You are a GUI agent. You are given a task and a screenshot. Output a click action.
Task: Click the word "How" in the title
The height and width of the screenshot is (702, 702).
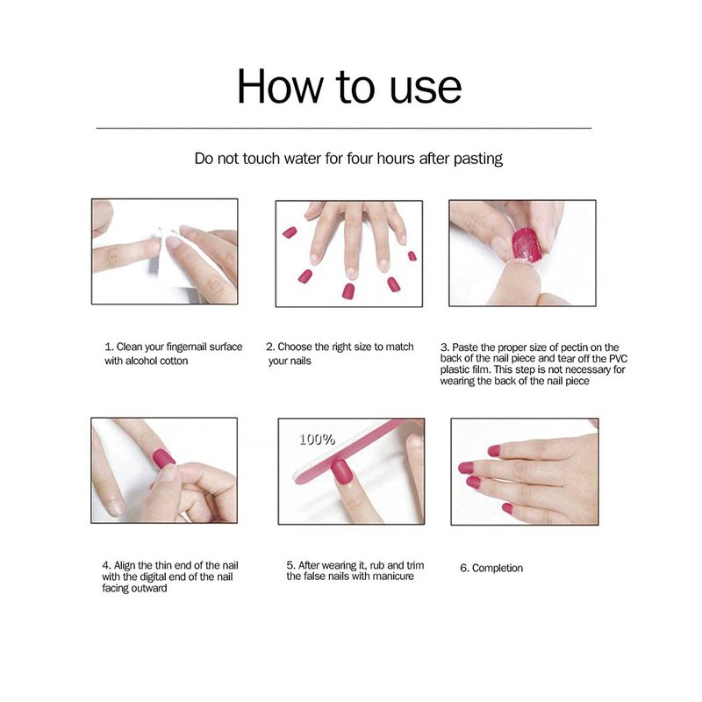pyautogui.click(x=280, y=86)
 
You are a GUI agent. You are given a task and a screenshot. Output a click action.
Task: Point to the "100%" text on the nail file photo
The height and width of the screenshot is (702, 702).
pyautogui.click(x=317, y=440)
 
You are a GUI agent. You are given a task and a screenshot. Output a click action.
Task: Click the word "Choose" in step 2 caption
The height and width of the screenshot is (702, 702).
pyautogui.click(x=295, y=347)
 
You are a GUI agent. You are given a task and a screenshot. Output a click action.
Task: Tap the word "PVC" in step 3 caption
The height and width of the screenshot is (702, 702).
pyautogui.click(x=619, y=359)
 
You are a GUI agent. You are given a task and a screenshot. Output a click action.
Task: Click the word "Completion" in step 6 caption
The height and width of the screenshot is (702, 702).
pyautogui.click(x=498, y=568)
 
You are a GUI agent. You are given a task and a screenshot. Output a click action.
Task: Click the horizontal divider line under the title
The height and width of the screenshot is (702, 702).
pyautogui.click(x=344, y=128)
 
